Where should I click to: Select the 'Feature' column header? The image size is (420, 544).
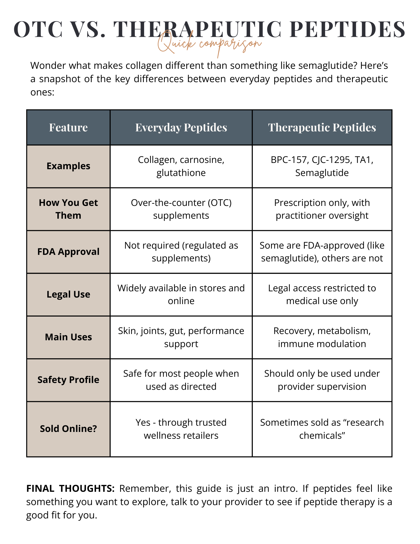[x=68, y=128]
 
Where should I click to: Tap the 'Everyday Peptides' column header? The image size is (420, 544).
[x=181, y=128]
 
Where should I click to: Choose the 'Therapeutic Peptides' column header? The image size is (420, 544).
[x=322, y=128]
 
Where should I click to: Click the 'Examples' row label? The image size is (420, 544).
[x=68, y=166]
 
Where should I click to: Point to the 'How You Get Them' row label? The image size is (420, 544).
[x=68, y=209]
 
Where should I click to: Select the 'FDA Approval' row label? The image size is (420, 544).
[x=68, y=252]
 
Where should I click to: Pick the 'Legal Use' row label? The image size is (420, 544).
[x=68, y=294]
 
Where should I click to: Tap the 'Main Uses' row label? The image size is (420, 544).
[x=68, y=337]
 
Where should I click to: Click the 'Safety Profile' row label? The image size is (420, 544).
[x=68, y=380]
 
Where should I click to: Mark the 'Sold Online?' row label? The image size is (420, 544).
[x=68, y=429]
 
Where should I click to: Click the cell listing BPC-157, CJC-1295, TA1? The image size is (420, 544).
[x=322, y=166]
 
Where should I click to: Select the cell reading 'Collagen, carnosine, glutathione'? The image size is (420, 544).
[x=181, y=166]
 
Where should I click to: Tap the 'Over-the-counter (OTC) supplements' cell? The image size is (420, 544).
[x=181, y=209]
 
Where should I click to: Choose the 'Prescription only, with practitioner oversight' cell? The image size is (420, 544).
[x=322, y=209]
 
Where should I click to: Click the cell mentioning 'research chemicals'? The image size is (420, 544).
[x=322, y=429]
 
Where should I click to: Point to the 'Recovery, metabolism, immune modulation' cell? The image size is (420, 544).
[x=322, y=337]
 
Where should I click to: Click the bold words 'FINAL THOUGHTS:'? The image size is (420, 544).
[x=70, y=489]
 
